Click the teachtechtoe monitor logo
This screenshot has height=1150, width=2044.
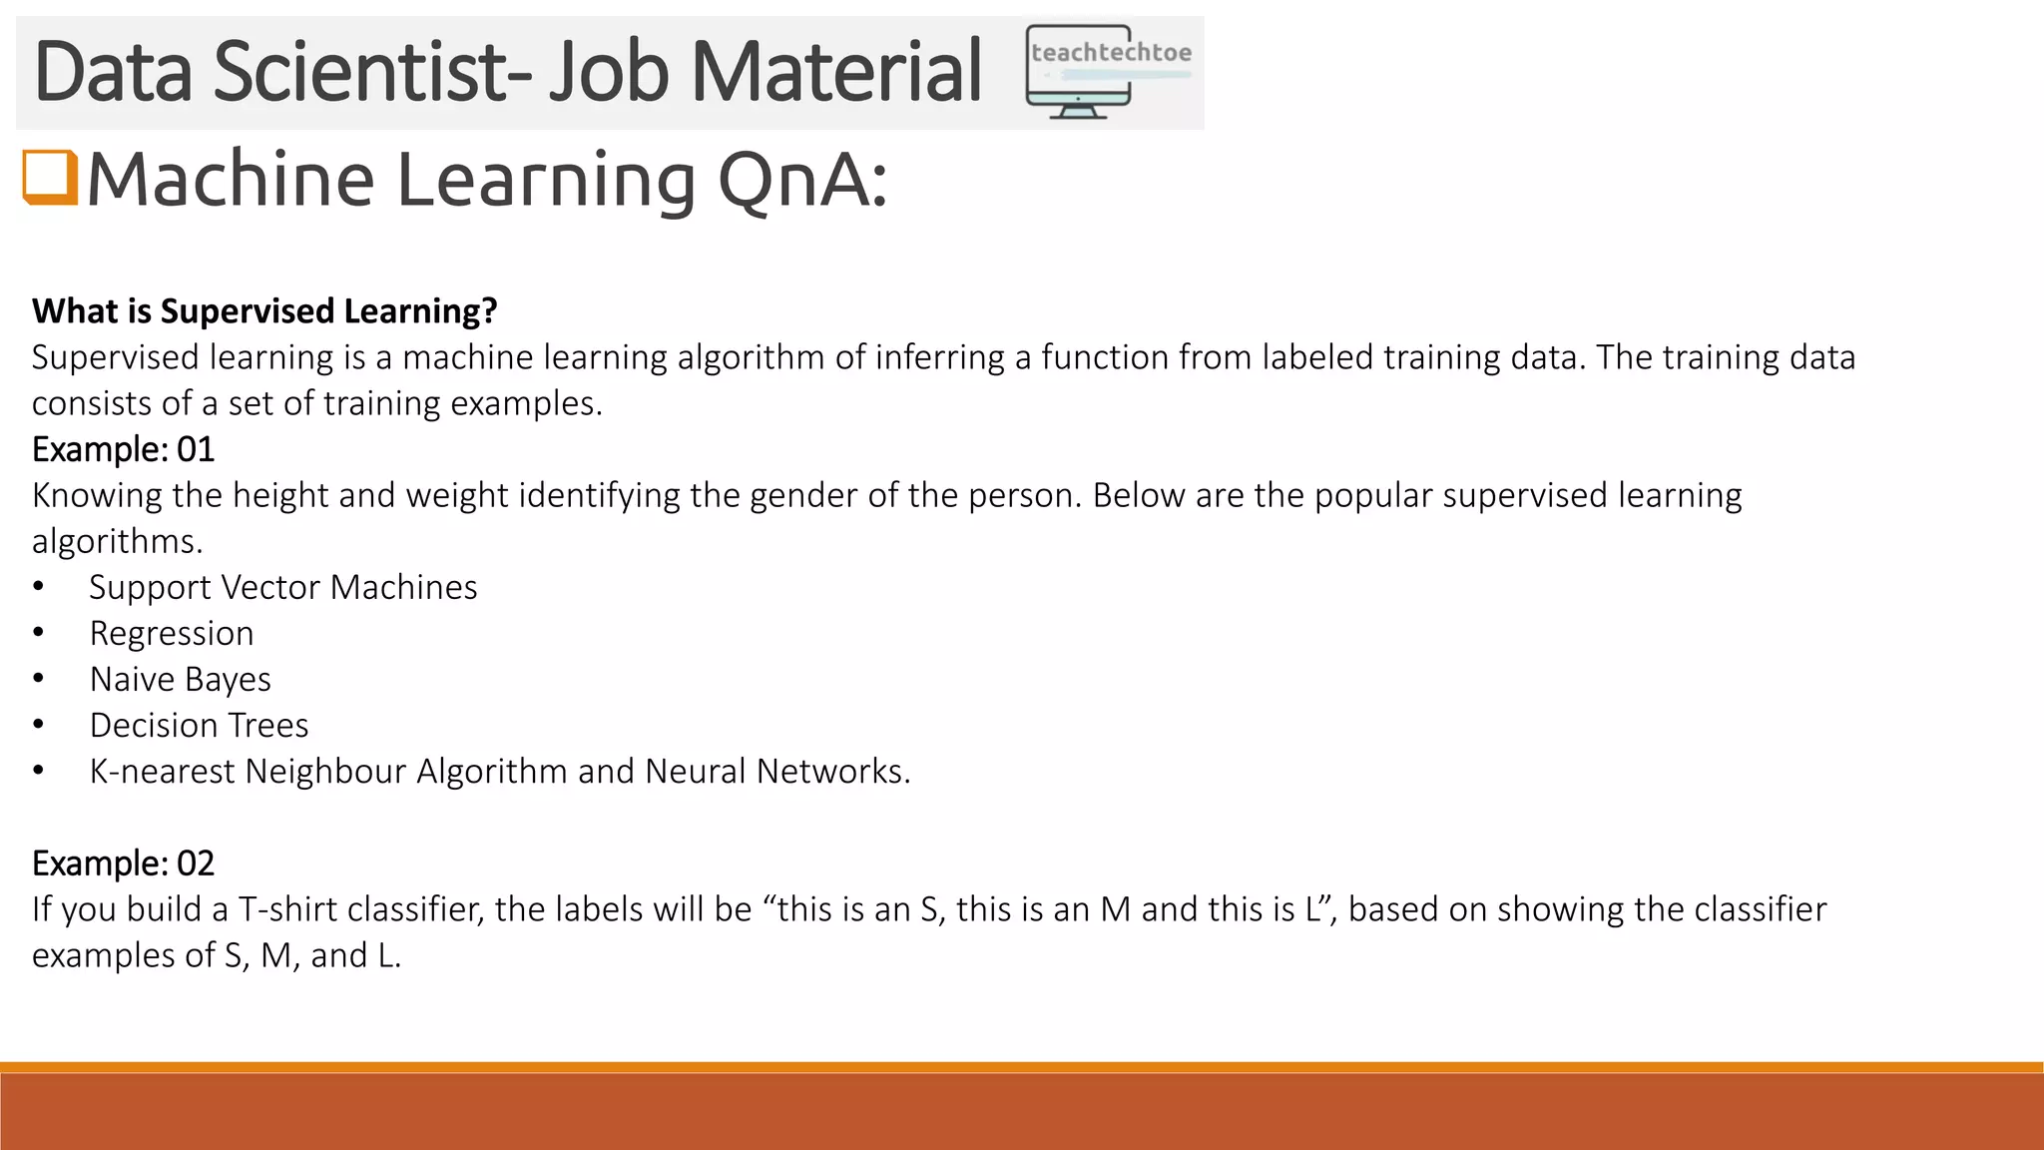pos(1107,72)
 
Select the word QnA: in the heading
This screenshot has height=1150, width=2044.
pos(801,180)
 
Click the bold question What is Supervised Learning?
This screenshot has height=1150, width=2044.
pos(264,311)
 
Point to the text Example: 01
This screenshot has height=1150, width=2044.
pos(123,449)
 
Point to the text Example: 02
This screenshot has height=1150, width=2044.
pos(123,863)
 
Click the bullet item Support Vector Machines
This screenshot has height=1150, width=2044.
pos(283,587)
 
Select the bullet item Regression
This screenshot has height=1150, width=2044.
pos(172,633)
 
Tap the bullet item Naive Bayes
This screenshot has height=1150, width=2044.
pos(181,679)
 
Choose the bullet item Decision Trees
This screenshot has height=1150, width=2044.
pos(200,725)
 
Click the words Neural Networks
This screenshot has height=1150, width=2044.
pos(777,772)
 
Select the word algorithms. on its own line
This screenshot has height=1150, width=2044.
pos(117,541)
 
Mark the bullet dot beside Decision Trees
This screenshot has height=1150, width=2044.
pos(38,725)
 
